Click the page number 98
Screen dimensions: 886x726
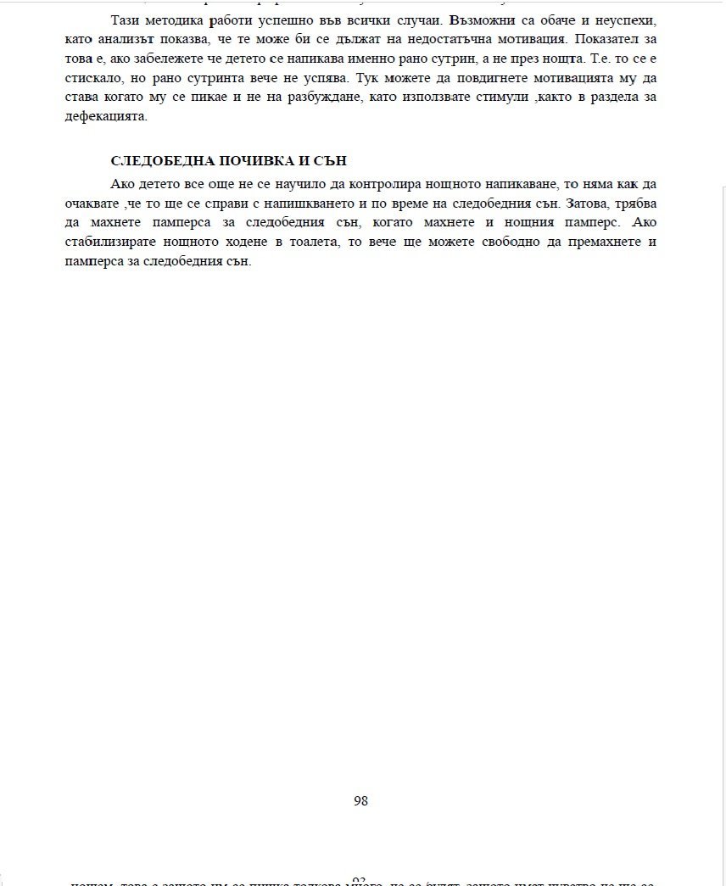tap(360, 800)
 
